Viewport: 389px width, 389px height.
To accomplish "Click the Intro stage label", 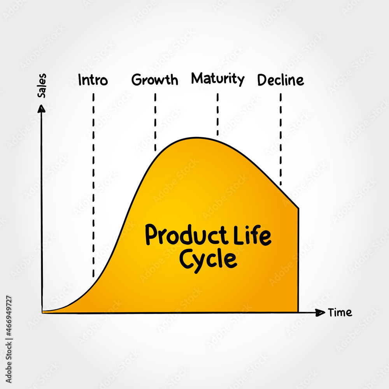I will coord(93,81).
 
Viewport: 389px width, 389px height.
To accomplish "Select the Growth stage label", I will coord(155,80).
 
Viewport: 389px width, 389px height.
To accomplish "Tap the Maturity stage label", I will coord(217,79).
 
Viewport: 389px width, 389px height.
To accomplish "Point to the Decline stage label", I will coord(280,80).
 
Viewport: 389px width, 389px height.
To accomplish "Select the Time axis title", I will coord(340,312).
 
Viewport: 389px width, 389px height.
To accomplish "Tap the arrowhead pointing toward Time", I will coord(321,312).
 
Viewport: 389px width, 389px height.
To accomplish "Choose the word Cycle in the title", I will coord(208,259).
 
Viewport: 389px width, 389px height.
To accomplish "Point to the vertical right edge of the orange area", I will coord(298,261).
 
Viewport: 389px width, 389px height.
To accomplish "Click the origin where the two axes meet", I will coord(42,312).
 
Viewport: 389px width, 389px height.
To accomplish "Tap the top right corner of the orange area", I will coord(298,209).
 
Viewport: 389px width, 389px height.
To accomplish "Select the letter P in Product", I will coord(151,235).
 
